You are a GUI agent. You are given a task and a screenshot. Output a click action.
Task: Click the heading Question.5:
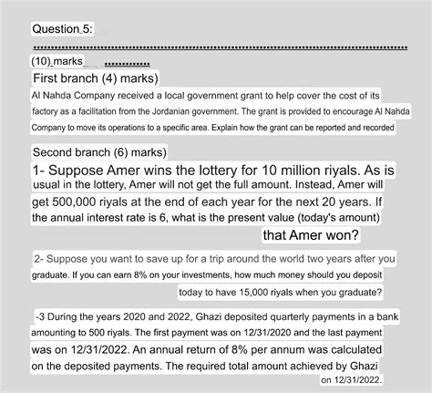click(62, 30)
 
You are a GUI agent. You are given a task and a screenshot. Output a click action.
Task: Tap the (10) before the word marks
click(42, 61)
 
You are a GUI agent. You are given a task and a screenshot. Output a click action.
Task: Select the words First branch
click(67, 79)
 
